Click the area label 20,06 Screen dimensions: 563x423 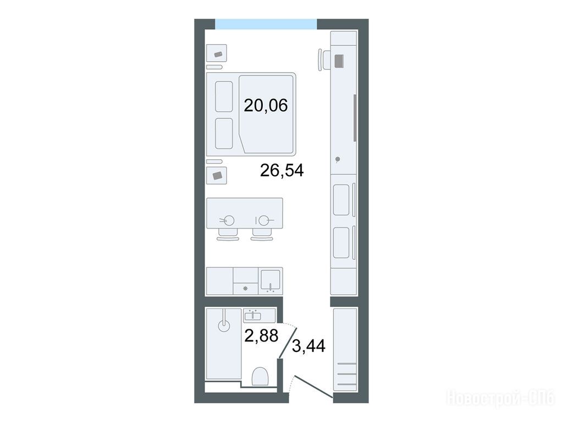coord(266,106)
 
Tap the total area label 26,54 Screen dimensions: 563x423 coord(282,171)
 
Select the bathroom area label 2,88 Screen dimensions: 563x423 coord(261,335)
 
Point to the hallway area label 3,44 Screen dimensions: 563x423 coord(309,346)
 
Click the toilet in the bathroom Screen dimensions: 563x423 coord(260,376)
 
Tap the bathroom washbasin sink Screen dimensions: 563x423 coord(253,316)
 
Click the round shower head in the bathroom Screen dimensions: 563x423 coord(223,326)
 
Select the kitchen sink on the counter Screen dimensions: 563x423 coord(271,281)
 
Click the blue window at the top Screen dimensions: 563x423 coord(266,24)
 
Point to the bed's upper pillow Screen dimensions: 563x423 coord(224,96)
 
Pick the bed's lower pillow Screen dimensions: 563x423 coord(224,133)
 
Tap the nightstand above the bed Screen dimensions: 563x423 coord(217,54)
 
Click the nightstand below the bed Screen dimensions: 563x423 coord(217,175)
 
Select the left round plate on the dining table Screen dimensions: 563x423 coord(229,220)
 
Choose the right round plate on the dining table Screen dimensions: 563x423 coord(264,220)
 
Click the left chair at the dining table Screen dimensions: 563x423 coord(228,235)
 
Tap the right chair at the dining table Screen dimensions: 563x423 coord(263,235)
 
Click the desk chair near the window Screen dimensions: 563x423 coord(324,59)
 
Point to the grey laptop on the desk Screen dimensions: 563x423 coord(339,61)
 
